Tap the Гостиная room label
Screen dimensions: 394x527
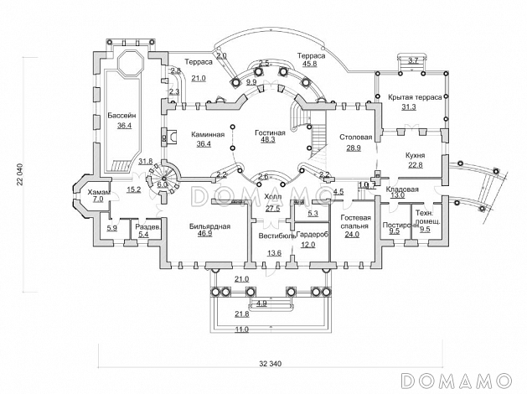[x=270, y=132]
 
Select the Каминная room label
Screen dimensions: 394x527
[x=205, y=134]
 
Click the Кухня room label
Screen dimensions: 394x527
[x=415, y=155]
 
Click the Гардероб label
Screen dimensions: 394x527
[x=312, y=235]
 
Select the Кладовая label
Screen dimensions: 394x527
[x=402, y=189]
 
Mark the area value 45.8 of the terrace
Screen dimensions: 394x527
[x=309, y=63]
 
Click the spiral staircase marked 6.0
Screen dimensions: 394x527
[x=159, y=177]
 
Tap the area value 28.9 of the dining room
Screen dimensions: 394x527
[x=354, y=148]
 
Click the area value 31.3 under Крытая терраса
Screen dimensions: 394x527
[x=409, y=106]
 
